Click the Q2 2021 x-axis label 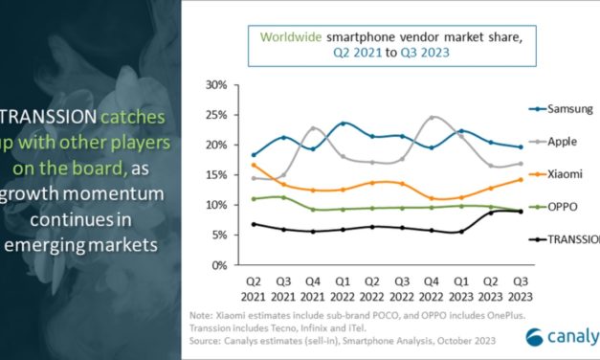pyautogui.click(x=252, y=288)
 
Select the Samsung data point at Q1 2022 pyautogui.click(x=343, y=124)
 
